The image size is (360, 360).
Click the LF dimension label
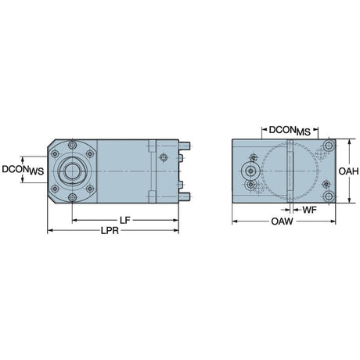(124, 221)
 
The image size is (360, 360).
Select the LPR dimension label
(110, 231)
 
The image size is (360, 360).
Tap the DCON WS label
(23, 170)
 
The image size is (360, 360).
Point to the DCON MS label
(290, 131)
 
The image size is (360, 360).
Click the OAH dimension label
(348, 171)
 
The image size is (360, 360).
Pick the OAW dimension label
(282, 221)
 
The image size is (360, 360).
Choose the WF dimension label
(309, 210)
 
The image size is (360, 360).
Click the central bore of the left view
(72, 171)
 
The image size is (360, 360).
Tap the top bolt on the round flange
(72, 145)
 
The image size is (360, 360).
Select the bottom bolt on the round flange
(72, 197)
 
